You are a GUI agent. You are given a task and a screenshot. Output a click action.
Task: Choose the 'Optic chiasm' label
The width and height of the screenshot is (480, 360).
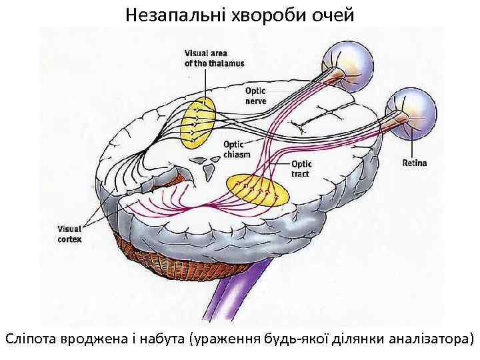(x=237, y=148)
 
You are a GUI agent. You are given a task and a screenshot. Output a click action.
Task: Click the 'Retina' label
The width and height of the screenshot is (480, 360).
(x=415, y=163)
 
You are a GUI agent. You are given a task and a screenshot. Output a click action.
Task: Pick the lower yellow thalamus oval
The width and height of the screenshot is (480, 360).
(x=258, y=192)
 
